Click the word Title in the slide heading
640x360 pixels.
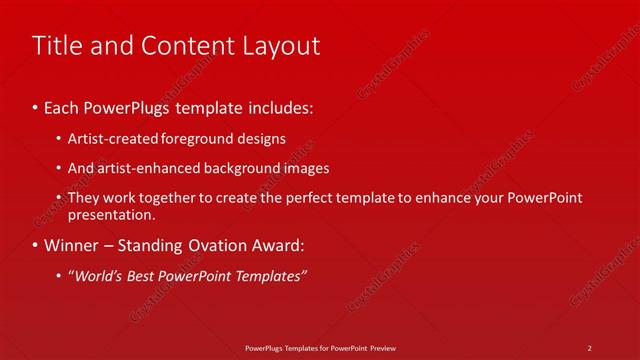[58, 46]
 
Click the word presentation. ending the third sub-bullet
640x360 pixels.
[112, 215]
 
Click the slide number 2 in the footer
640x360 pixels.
[590, 347]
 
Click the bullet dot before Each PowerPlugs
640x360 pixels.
[36, 105]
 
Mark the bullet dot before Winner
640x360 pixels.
[36, 245]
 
